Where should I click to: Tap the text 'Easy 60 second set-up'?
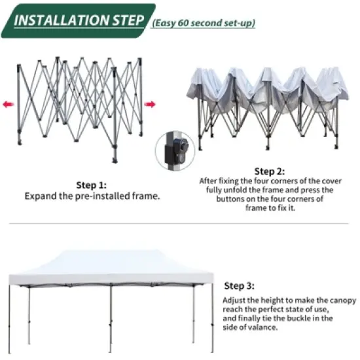click(204, 23)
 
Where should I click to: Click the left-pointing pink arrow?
click(7, 103)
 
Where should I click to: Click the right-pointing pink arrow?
click(149, 103)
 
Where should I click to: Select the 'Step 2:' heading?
click(270, 171)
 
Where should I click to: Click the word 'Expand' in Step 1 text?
click(39, 196)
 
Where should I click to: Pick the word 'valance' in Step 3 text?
click(266, 327)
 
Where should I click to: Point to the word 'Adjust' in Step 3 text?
click(235, 299)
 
